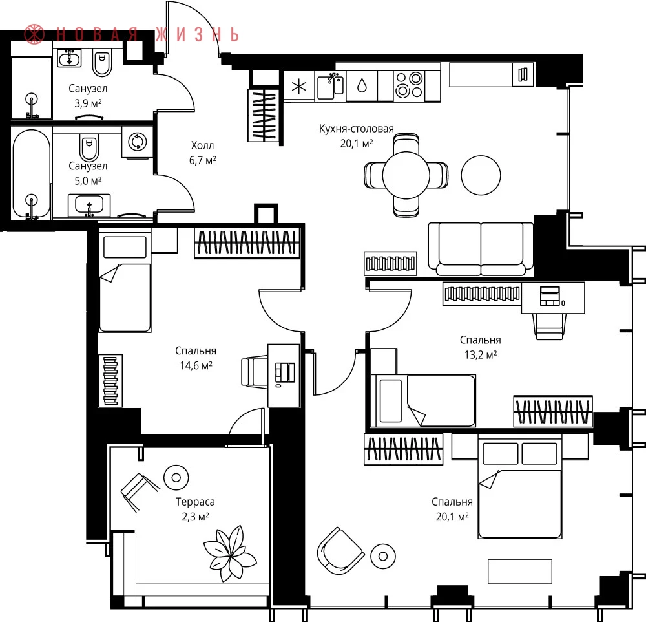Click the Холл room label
point(202,145)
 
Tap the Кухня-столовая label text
point(357,129)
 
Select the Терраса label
point(195,502)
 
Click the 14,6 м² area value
point(196,365)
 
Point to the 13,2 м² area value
point(481,355)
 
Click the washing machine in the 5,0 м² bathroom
point(137,142)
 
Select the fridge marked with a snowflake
point(299,86)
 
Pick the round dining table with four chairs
point(406,175)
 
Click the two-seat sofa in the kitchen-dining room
point(481,249)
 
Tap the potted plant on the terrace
point(230,553)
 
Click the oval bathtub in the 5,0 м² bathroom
point(31,174)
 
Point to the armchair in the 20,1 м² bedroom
point(340,551)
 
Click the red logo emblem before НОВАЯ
point(34,34)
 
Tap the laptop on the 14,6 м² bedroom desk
point(285,372)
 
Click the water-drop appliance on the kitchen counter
point(362,86)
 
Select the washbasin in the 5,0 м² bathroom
point(89,204)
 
